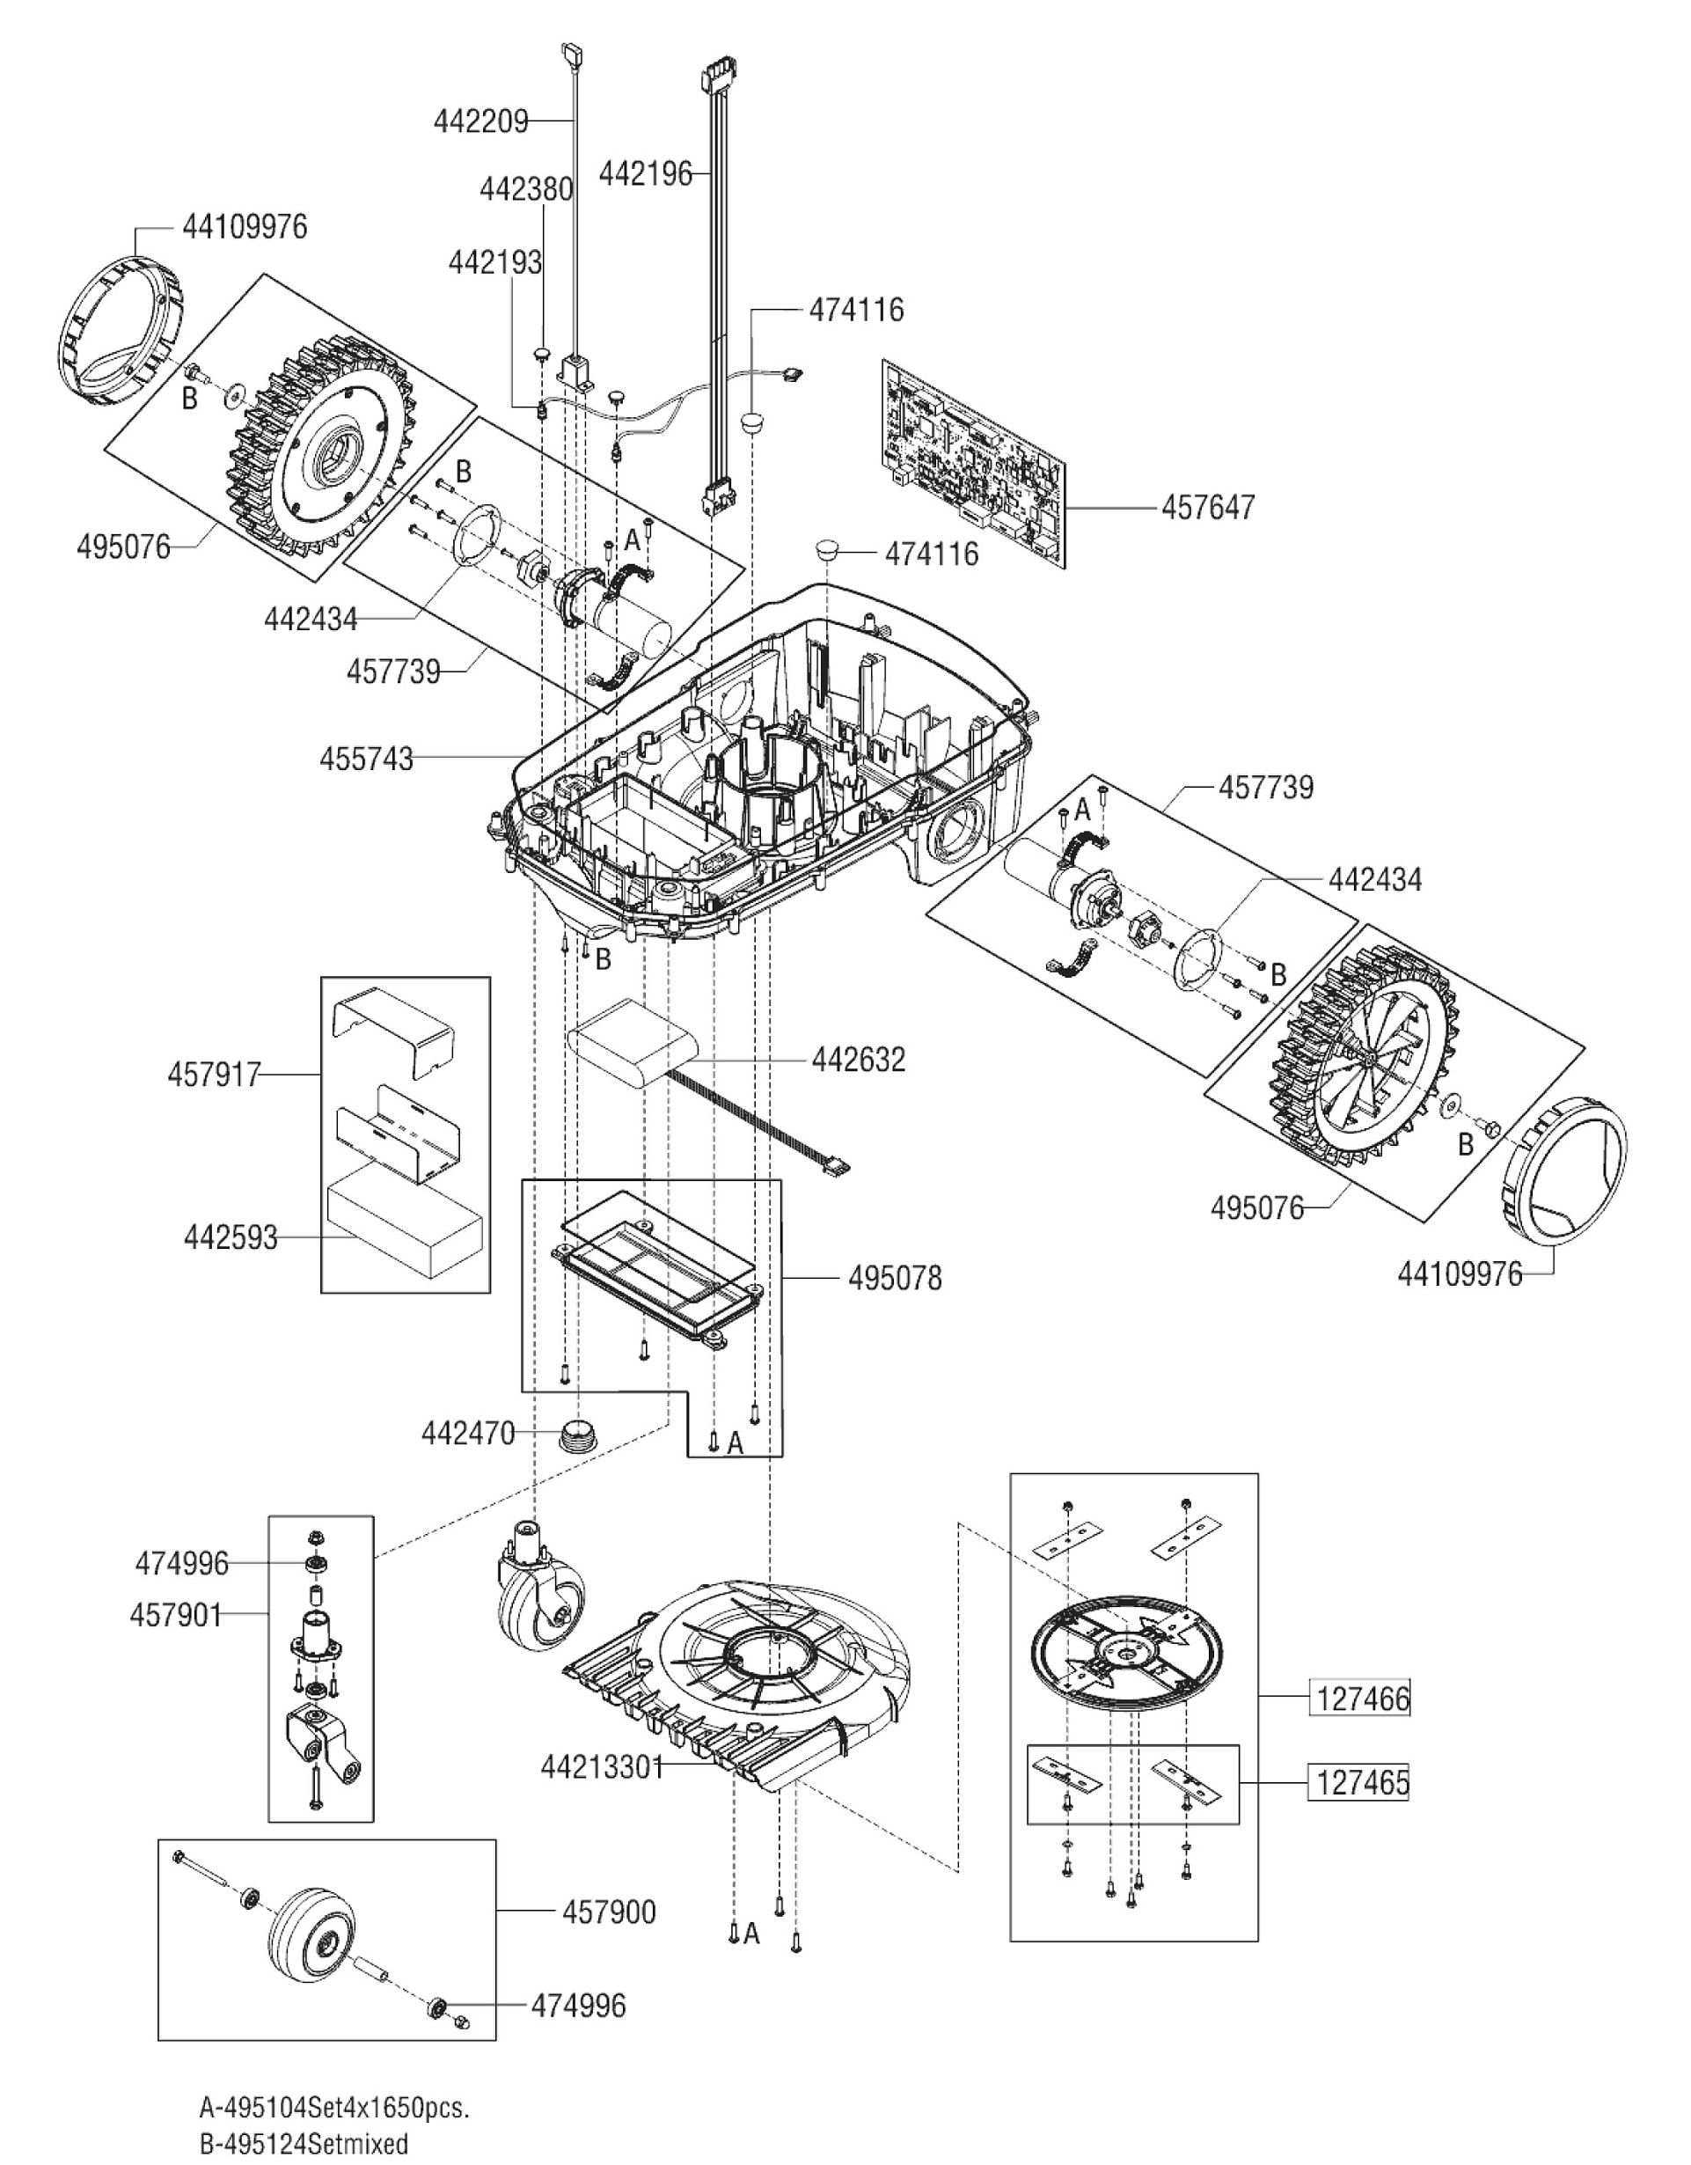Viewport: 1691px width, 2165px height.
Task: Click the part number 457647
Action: coord(1207,508)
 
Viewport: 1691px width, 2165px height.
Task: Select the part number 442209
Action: coord(479,122)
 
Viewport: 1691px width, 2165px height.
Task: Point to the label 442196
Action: coord(644,174)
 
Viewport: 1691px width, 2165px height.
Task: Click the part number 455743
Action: coord(366,760)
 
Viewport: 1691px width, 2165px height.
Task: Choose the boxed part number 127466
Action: coord(1362,1699)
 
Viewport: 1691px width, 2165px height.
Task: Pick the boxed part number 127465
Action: coord(1362,1783)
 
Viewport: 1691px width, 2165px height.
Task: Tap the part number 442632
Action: coord(859,1060)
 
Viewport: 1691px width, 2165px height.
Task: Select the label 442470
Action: coord(468,1434)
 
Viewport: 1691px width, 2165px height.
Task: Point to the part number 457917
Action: coord(214,1075)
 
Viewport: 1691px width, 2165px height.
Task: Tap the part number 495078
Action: coord(894,1279)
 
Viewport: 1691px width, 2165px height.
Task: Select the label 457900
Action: coord(609,1912)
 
